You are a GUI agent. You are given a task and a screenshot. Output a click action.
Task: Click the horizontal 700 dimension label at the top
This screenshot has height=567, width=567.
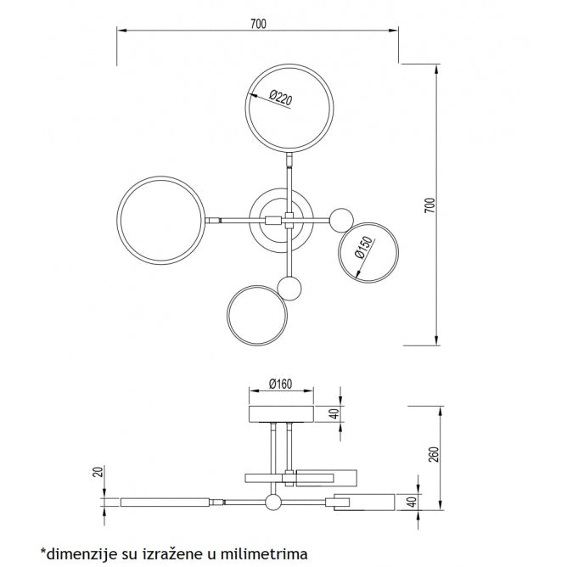[258, 24]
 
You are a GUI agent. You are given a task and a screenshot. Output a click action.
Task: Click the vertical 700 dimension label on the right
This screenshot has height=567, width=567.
[430, 205]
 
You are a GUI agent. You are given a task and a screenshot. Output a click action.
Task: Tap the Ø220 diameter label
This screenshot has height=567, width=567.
[281, 98]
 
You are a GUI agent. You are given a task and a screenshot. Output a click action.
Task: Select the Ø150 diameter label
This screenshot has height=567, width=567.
[363, 247]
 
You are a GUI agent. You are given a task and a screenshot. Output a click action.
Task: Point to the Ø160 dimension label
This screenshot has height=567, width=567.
[281, 384]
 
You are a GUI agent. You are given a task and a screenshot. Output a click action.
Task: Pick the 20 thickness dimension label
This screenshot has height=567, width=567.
[98, 472]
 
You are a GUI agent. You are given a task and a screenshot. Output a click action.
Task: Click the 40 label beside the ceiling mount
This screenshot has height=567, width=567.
[334, 413]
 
